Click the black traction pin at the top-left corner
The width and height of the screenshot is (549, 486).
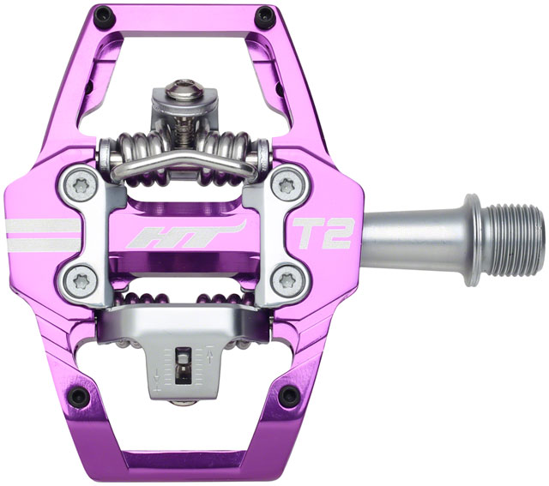[104, 15]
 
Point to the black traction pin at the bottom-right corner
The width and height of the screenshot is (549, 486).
[289, 395]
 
